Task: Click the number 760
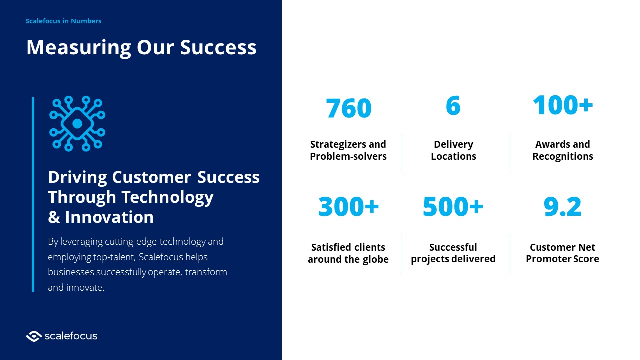click(348, 108)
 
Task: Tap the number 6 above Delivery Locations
click(453, 105)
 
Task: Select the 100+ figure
click(563, 105)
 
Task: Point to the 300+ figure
click(348, 206)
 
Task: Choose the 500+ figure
click(453, 206)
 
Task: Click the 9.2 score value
click(562, 206)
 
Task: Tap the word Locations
click(453, 156)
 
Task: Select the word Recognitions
click(563, 157)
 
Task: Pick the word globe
click(375, 259)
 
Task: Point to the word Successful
click(453, 247)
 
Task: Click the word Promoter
click(544, 259)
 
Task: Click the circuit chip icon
click(77, 123)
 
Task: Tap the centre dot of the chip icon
click(77, 123)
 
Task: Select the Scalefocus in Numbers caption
click(63, 21)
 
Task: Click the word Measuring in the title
click(79, 47)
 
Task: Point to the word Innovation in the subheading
click(109, 217)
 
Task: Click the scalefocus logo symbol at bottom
click(34, 336)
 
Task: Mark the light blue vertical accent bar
click(33, 194)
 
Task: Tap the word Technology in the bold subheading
click(167, 198)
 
